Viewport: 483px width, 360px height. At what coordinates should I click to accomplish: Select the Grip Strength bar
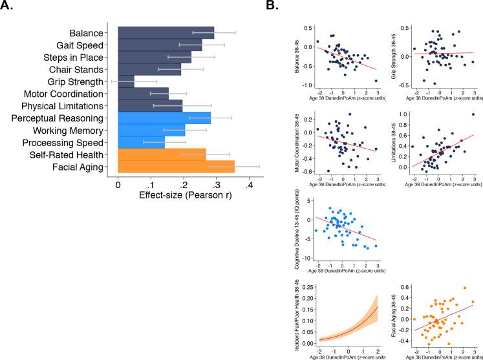click(126, 81)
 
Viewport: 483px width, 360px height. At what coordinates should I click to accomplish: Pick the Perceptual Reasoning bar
click(164, 118)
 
